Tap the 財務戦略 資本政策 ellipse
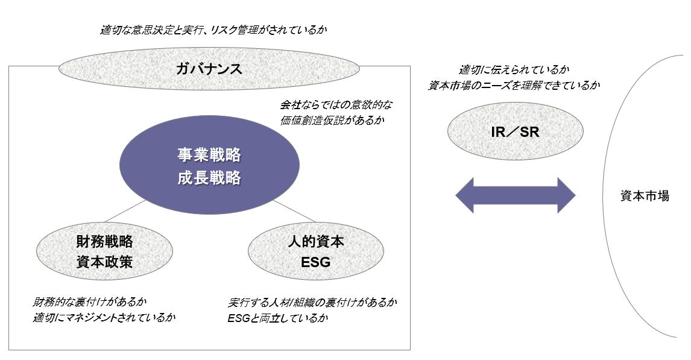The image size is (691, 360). click(104, 251)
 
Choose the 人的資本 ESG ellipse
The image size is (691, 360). click(316, 251)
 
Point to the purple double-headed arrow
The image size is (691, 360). click(516, 195)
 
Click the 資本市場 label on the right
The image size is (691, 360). click(645, 196)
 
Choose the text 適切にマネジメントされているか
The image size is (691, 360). click(104, 317)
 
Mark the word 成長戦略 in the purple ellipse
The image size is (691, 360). click(209, 178)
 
